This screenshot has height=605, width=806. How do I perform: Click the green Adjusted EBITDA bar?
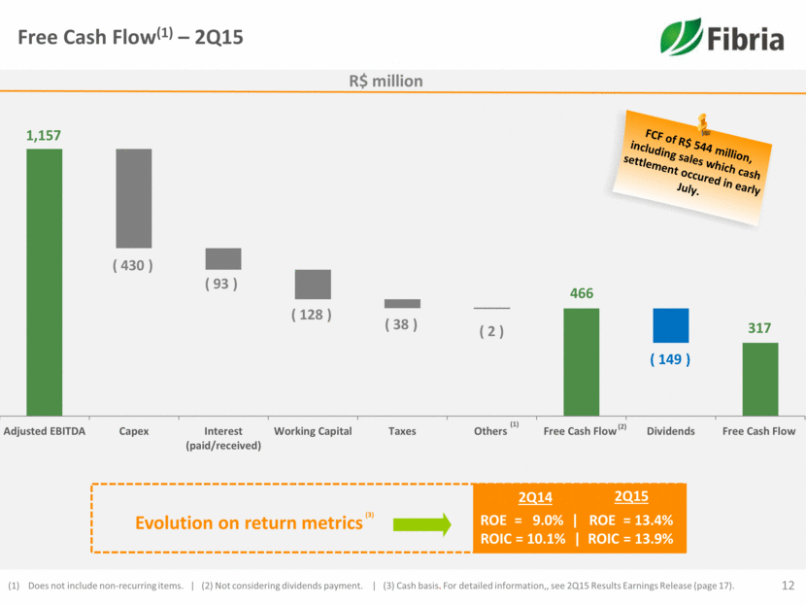click(45, 282)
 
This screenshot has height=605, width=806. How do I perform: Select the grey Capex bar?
click(134, 198)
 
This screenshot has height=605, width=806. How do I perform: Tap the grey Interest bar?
click(223, 258)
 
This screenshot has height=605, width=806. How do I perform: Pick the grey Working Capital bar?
click(313, 284)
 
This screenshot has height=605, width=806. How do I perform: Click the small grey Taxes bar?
click(402, 303)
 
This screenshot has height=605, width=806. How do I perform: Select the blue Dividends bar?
click(670, 325)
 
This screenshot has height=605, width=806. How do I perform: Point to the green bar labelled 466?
click(582, 361)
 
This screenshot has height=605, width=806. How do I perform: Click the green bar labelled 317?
click(760, 379)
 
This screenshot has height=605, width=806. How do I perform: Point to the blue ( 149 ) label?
click(670, 359)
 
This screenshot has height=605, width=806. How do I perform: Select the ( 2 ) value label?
click(491, 331)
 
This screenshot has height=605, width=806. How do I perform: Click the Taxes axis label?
click(402, 431)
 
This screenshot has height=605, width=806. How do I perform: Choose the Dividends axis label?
click(670, 431)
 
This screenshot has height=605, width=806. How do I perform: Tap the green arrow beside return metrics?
click(422, 525)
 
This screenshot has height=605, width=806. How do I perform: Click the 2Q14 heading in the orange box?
click(534, 497)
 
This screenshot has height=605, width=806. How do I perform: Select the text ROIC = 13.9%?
click(632, 540)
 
